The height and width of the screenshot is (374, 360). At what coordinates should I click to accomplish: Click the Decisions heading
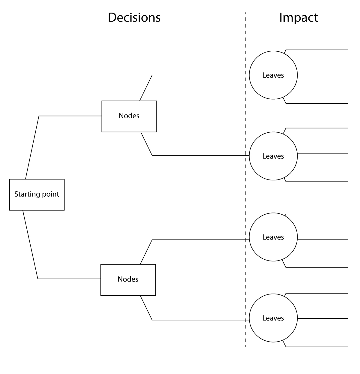134,17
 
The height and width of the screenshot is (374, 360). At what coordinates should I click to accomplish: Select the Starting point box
37,195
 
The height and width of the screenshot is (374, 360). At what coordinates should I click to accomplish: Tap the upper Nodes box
129,116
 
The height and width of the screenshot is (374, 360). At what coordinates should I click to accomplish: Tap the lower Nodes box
128,280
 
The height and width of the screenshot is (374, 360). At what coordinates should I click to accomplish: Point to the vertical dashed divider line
245,179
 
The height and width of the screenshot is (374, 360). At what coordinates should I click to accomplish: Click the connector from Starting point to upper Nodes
39,116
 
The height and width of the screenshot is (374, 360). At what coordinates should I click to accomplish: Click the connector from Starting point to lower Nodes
38,278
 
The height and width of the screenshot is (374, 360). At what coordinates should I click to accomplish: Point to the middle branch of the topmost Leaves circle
322,75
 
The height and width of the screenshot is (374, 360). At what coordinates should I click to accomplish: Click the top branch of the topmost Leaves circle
317,50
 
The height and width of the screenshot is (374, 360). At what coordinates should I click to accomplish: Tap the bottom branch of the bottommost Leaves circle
317,347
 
